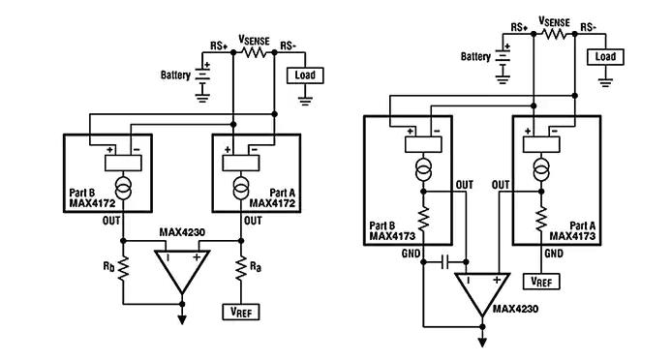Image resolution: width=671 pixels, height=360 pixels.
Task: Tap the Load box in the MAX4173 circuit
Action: tap(605, 57)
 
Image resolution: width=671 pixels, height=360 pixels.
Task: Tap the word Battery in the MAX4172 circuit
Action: tap(177, 75)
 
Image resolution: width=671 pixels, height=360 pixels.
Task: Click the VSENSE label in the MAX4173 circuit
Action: tap(556, 18)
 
